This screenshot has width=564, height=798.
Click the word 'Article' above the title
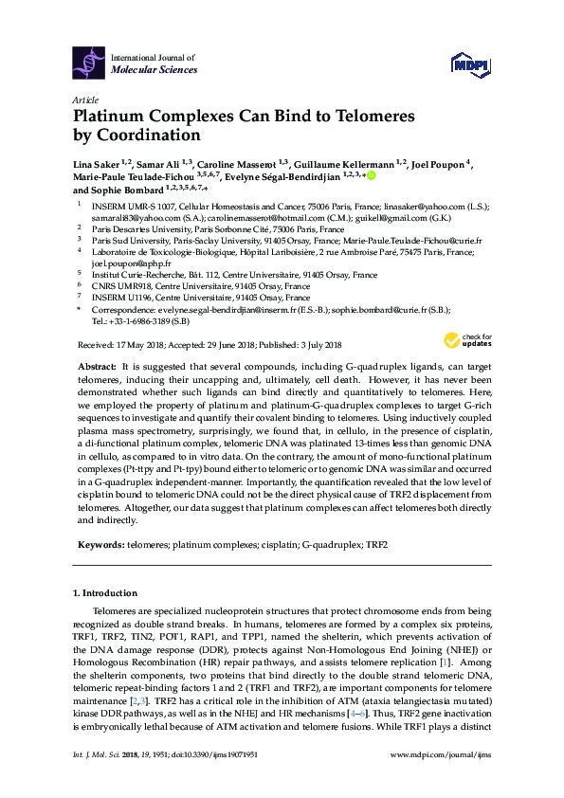[85, 100]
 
